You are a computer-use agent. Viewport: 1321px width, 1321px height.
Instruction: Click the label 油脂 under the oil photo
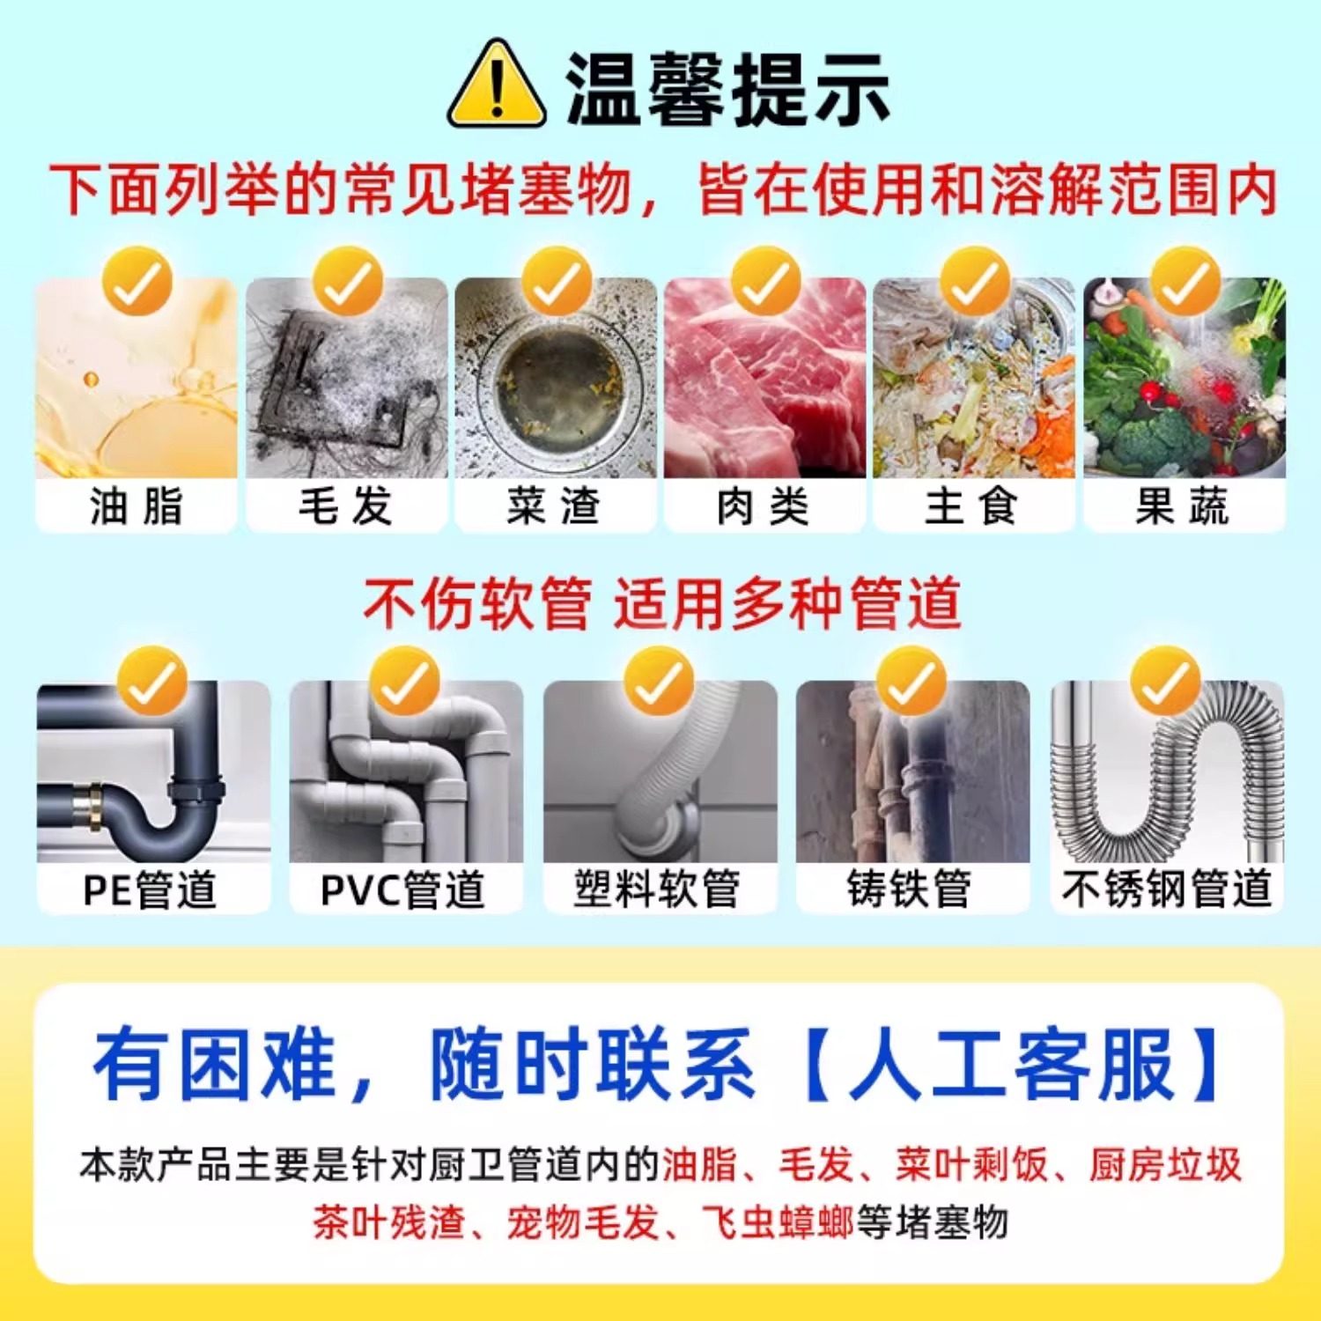(137, 506)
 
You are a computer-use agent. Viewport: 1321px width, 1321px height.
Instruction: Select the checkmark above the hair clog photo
(348, 282)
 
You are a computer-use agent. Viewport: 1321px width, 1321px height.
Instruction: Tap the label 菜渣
(555, 506)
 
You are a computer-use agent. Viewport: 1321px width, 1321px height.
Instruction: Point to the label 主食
(973, 506)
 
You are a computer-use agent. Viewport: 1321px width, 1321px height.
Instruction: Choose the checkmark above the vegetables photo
(1185, 282)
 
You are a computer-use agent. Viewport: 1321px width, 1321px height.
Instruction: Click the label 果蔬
(1183, 506)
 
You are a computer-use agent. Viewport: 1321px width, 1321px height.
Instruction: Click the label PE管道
(150, 889)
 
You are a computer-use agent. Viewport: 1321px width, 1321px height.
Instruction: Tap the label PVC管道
(403, 889)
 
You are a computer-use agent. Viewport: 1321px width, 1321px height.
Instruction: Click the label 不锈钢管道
(1167, 889)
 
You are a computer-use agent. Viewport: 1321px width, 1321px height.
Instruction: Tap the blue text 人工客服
(1013, 1064)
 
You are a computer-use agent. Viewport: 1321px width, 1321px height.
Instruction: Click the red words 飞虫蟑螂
(778, 1222)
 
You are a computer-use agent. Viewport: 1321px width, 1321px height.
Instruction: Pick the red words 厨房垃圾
(1165, 1164)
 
